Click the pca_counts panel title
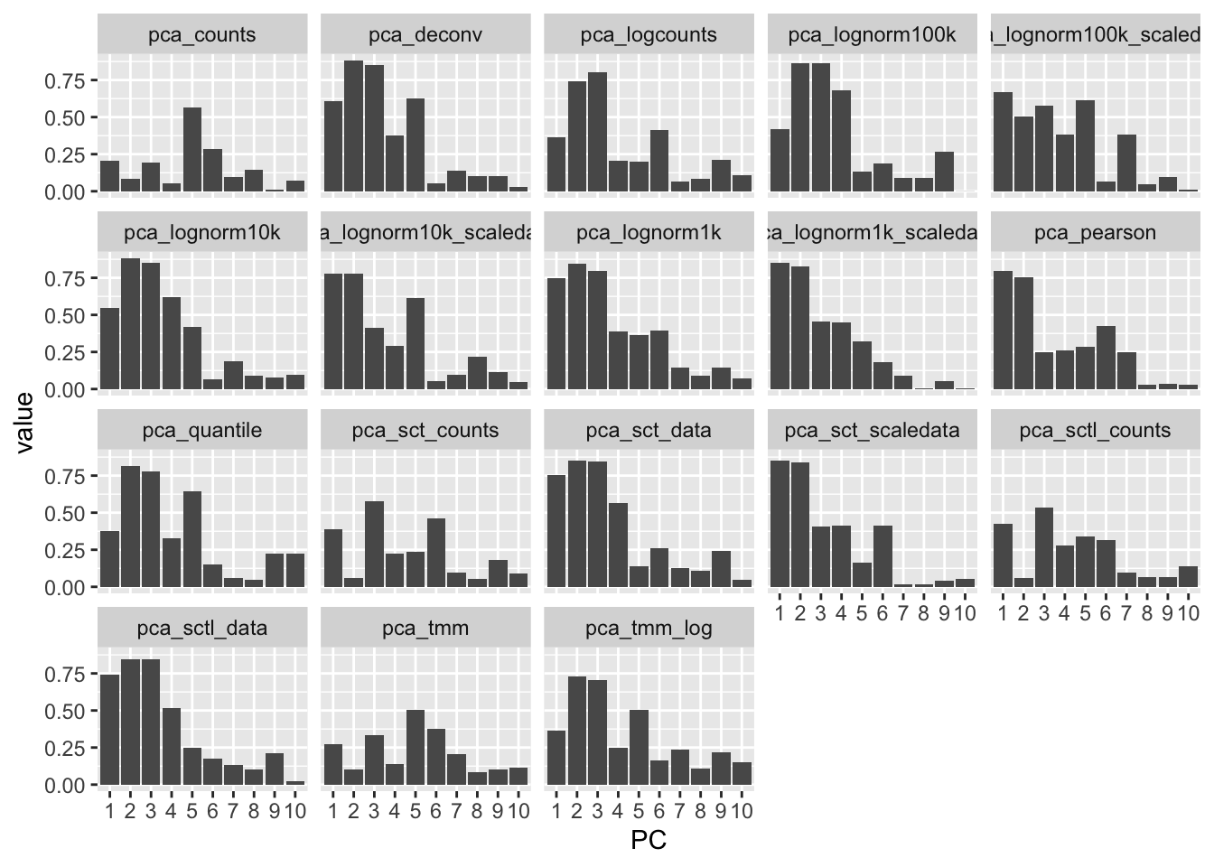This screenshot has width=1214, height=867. tap(201, 35)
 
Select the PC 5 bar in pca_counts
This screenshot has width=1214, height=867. tap(191, 150)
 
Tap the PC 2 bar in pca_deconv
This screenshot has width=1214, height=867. tap(353, 126)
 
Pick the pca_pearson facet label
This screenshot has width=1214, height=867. tap(1095, 233)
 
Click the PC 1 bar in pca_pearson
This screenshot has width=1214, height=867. tap(1002, 330)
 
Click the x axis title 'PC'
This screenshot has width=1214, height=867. tap(649, 841)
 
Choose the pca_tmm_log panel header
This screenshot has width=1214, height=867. tap(649, 628)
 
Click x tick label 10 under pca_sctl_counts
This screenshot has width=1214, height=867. tap(1189, 614)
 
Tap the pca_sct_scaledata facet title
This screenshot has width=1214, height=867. tap(872, 430)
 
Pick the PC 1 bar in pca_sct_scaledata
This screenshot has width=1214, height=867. tap(780, 524)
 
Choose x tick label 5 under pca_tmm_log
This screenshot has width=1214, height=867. tap(639, 811)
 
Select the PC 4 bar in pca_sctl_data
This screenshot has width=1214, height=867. tap(171, 746)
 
